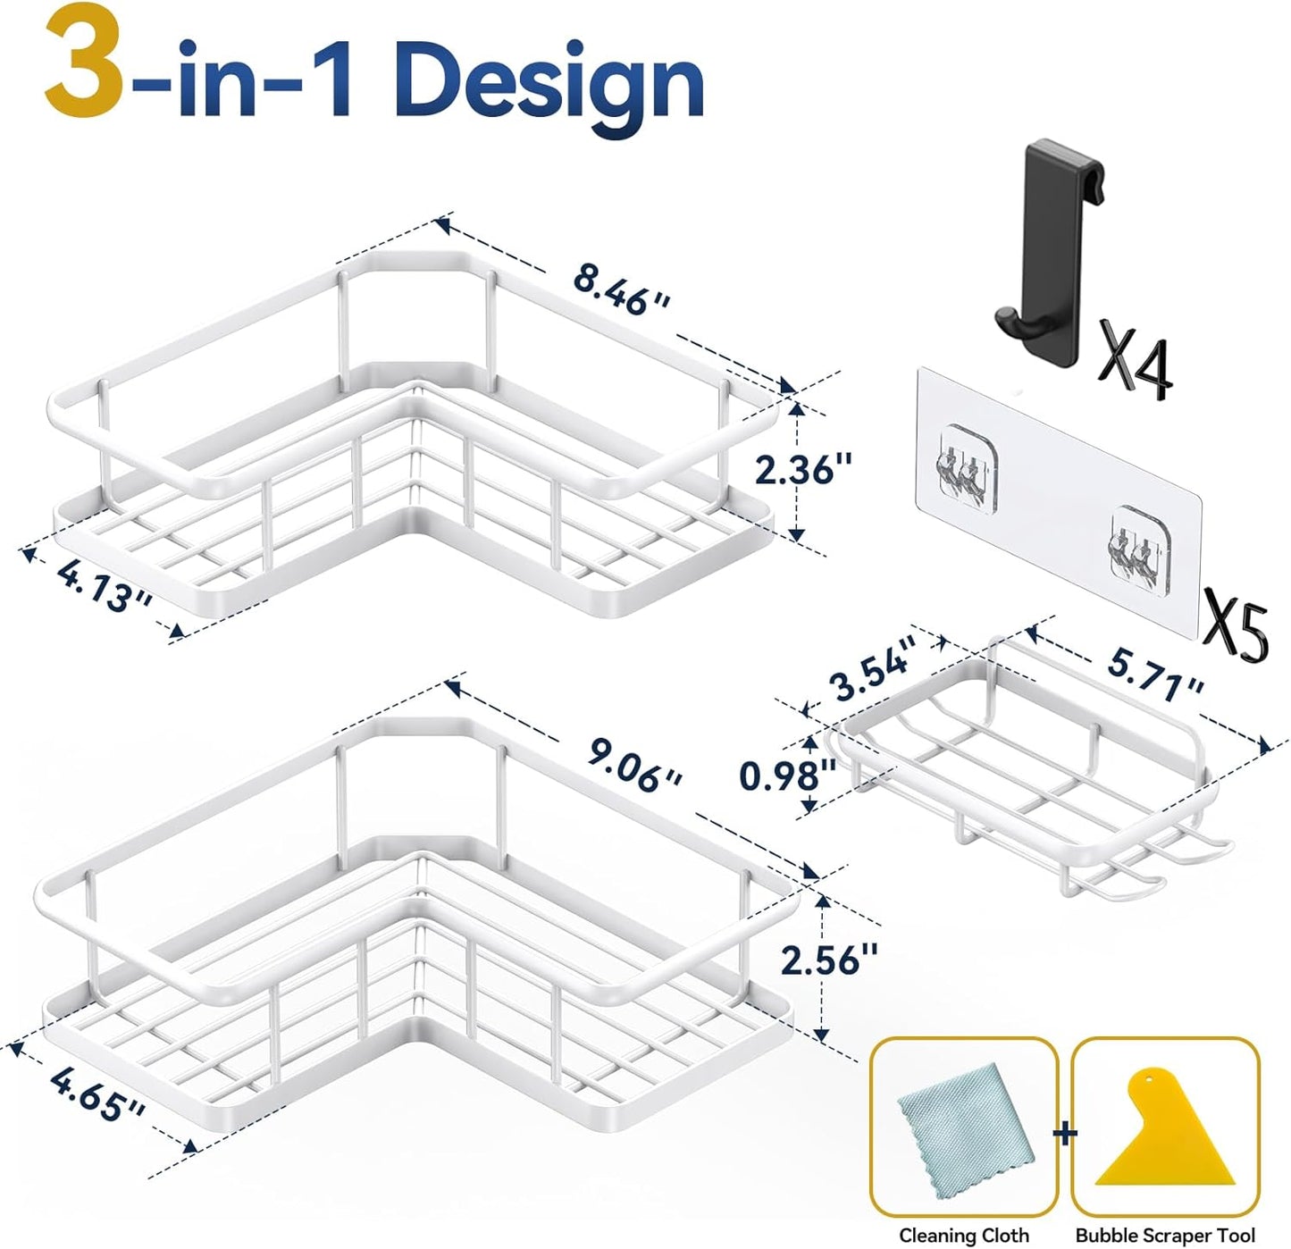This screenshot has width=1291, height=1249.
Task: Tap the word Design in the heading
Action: click(x=555, y=84)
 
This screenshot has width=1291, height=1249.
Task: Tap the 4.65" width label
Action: click(x=98, y=1094)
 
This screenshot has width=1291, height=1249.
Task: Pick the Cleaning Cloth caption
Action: click(x=963, y=1235)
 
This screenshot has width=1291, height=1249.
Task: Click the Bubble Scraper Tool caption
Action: click(x=1165, y=1235)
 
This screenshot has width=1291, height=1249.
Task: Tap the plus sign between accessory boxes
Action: click(x=1065, y=1134)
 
